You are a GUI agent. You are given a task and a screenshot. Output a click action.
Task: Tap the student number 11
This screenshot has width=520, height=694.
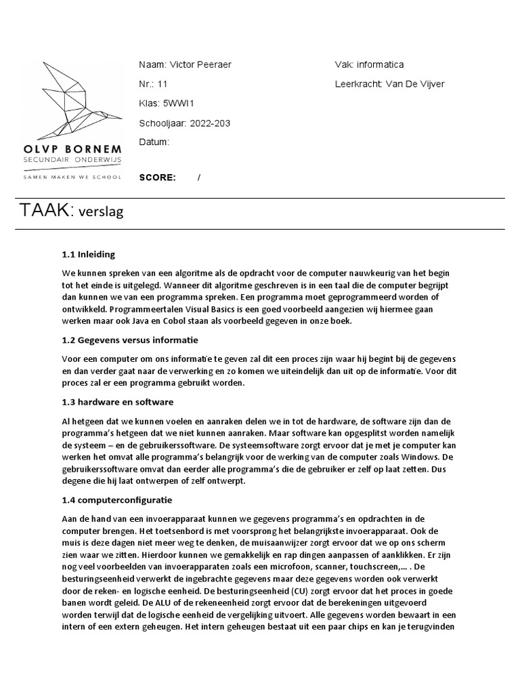(x=162, y=84)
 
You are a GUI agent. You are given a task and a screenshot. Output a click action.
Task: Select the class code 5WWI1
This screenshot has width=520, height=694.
(x=179, y=104)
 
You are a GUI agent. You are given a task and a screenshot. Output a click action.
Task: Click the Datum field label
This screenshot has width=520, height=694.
(x=154, y=142)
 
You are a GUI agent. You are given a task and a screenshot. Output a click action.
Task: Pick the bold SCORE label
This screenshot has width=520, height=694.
(x=157, y=178)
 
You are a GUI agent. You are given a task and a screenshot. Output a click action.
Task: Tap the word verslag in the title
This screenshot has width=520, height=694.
(x=102, y=212)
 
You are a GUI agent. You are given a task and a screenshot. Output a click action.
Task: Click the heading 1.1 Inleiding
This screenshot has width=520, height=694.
(x=88, y=255)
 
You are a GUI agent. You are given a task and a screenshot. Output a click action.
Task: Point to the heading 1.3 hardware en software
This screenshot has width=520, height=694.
(x=118, y=402)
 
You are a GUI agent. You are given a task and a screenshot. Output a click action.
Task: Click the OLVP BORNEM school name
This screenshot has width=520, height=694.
(x=73, y=148)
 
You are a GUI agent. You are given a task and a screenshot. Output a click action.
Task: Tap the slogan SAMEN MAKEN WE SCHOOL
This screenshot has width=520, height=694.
(x=73, y=177)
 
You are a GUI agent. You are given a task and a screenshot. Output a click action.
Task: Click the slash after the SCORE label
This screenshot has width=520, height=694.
(x=199, y=178)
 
